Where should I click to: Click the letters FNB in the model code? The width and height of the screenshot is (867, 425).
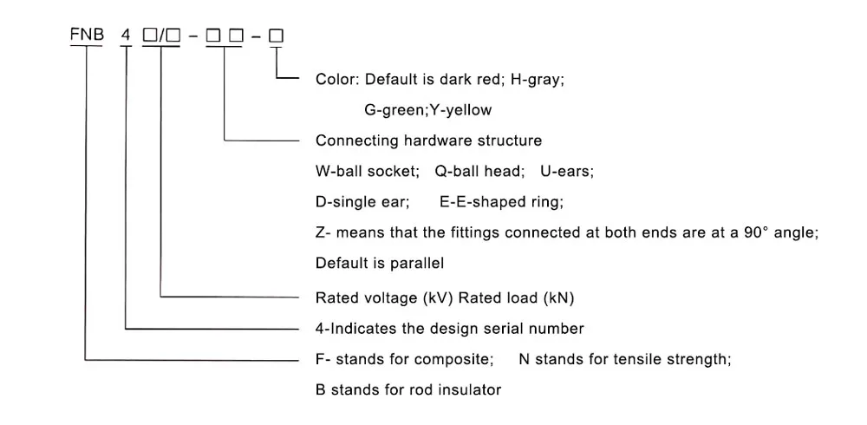87,36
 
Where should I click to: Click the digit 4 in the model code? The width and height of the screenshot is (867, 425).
127,36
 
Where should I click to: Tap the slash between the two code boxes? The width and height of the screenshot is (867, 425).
160,36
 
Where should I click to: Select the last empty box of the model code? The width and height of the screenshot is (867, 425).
277,36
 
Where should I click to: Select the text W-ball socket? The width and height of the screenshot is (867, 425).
367,172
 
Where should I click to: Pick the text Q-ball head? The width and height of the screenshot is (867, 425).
479,172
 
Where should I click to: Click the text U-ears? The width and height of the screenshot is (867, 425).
567,172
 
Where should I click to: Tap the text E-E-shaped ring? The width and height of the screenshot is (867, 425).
501,203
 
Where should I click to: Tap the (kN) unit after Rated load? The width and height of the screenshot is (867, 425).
558,297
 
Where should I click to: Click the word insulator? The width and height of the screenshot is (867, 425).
470,390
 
